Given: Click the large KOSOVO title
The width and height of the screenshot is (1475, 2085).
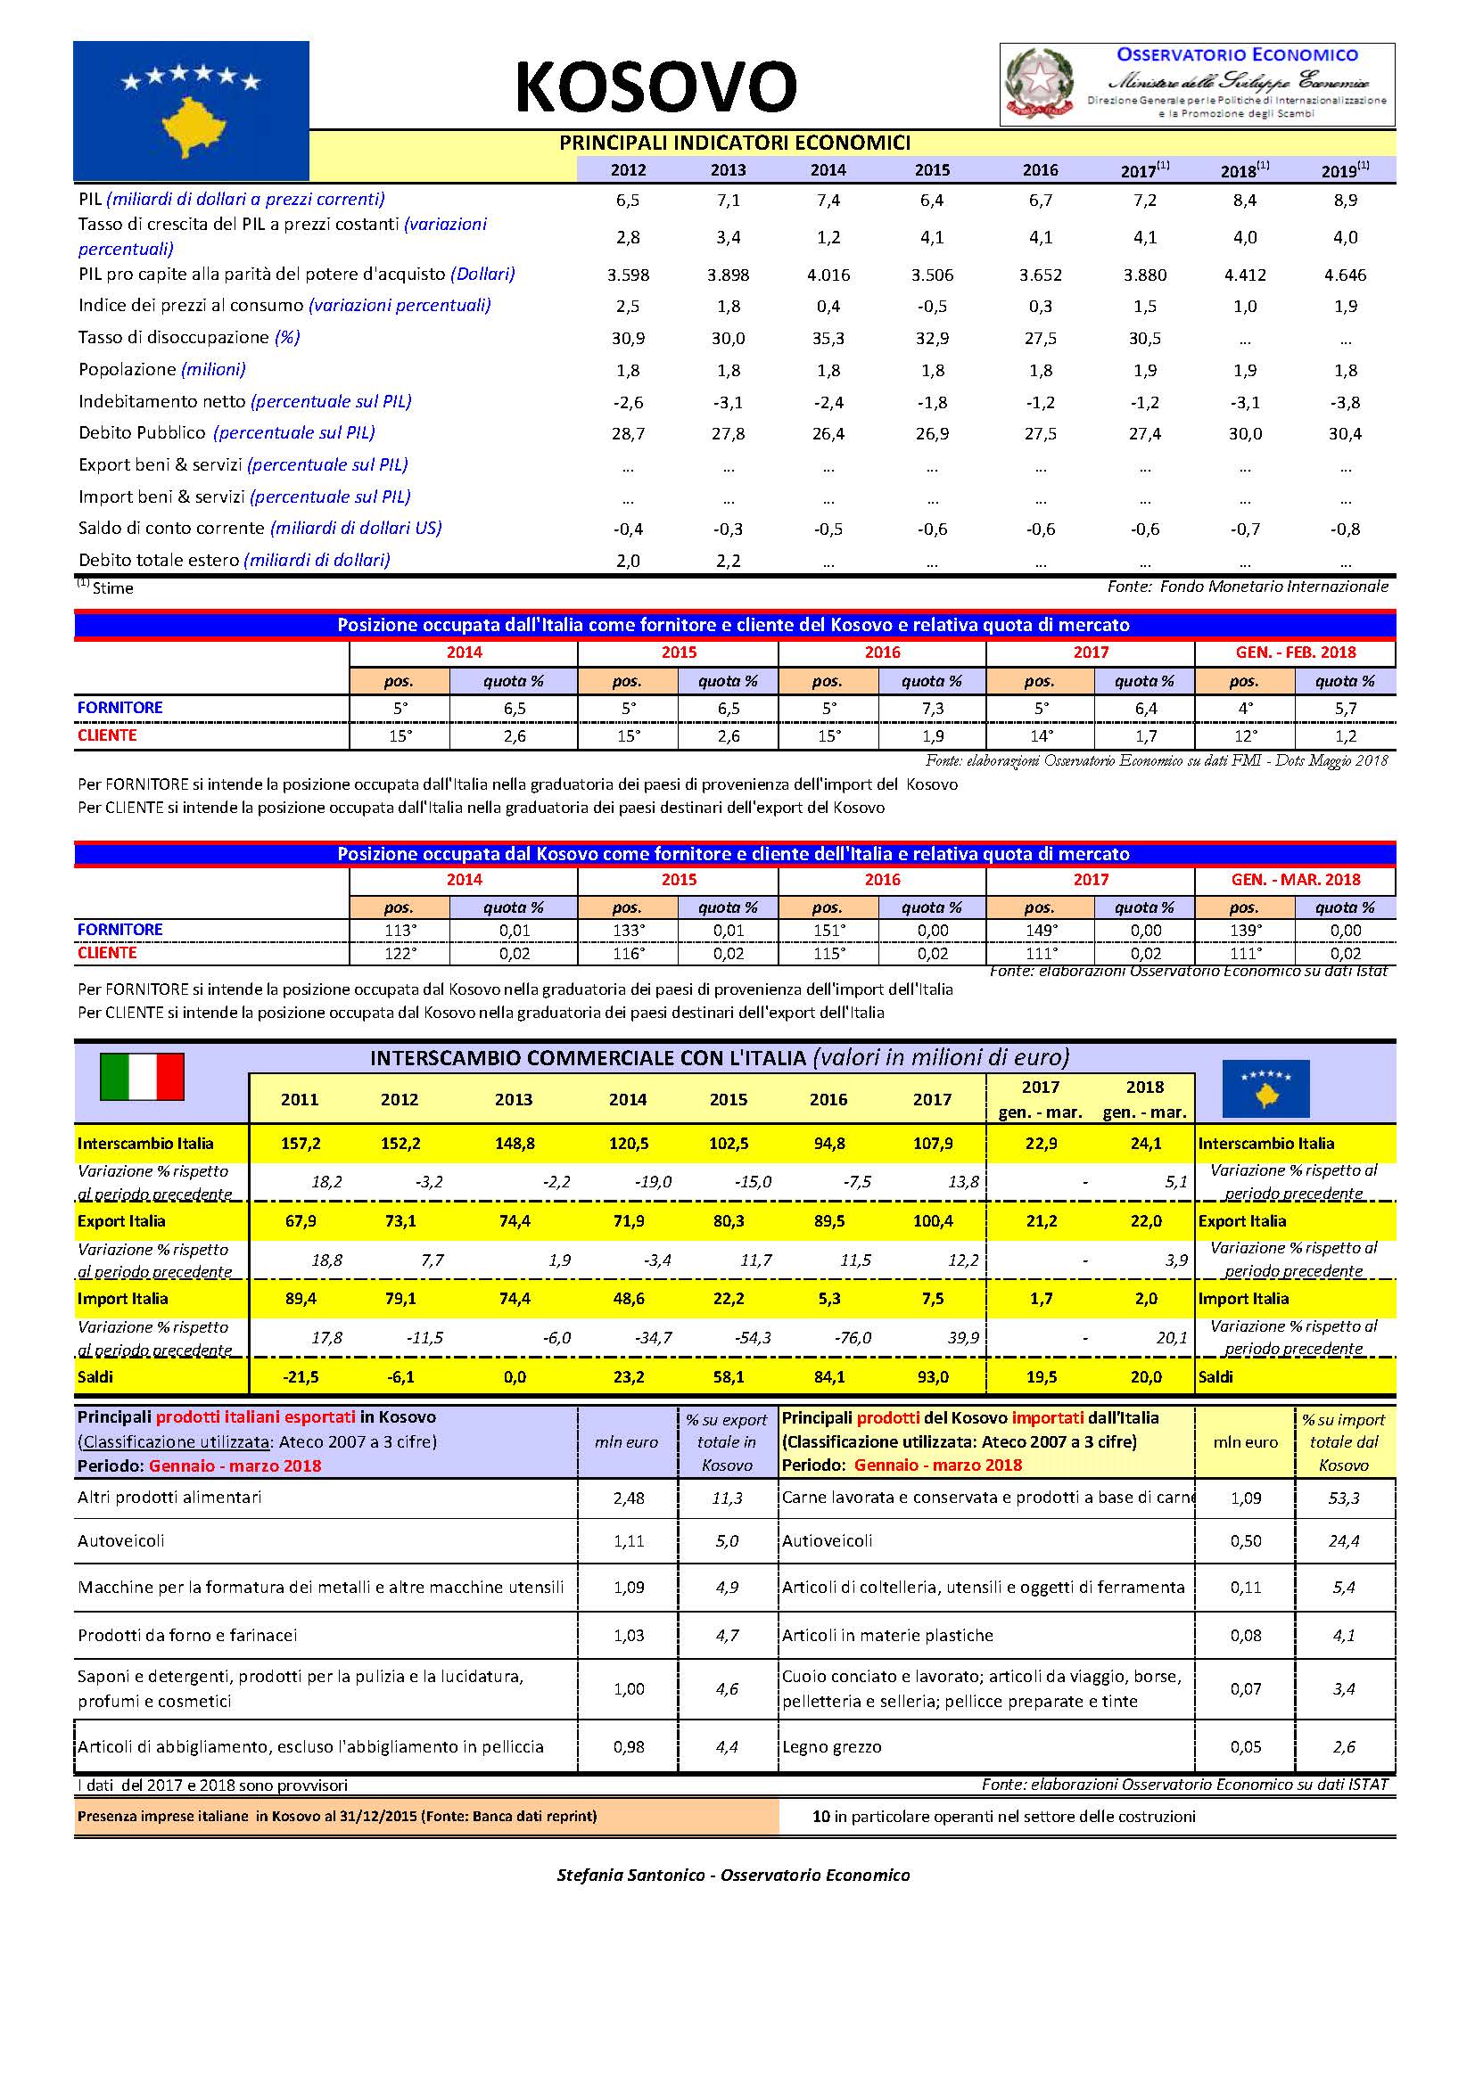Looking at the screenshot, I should tap(655, 87).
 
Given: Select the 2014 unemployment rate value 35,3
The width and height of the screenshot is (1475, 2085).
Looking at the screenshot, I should tap(828, 339).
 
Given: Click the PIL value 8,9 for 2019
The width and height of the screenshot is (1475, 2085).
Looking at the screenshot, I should tap(1345, 201).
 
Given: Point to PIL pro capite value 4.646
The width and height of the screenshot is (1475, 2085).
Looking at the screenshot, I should tap(1345, 275).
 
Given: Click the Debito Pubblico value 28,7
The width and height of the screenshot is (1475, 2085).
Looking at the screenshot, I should tap(628, 434).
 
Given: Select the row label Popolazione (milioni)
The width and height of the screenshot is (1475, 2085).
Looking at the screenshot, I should tap(161, 370).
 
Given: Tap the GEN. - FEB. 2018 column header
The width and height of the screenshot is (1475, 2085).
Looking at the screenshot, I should tap(1294, 652).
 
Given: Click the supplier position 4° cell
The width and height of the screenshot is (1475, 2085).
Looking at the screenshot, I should tap(1243, 709).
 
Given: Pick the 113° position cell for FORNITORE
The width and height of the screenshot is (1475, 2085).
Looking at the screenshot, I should tap(400, 930).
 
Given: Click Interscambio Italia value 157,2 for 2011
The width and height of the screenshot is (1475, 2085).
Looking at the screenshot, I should tap(300, 1145).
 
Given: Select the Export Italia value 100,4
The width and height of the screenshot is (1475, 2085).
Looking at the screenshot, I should tap(933, 1221).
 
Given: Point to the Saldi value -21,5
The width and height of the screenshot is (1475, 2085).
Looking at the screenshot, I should tap(300, 1376).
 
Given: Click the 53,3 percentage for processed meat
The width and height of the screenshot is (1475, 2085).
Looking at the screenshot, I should tap(1343, 1498).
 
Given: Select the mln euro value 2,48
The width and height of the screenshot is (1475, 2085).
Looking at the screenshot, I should tap(629, 1498).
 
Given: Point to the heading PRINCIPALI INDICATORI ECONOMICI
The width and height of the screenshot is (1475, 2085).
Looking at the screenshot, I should tap(734, 143).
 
